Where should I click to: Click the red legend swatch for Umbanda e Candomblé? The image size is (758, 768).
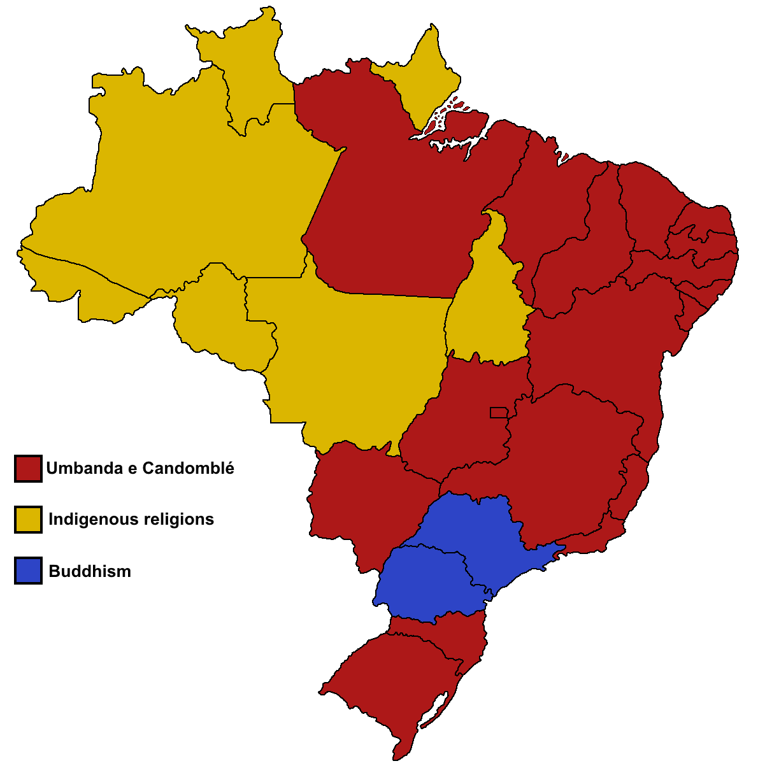28,468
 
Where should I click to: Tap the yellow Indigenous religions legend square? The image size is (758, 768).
28,519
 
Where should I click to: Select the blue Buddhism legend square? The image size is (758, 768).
28,571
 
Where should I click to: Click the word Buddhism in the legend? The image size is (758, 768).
90,571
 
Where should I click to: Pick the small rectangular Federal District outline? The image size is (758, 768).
498,413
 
